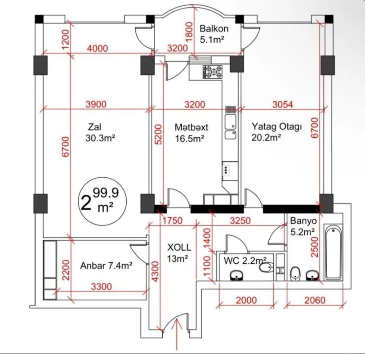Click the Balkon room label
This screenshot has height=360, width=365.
pyautogui.click(x=214, y=29)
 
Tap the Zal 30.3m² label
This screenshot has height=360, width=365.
pyautogui.click(x=100, y=132)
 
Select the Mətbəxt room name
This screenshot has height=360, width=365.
pyautogui.click(x=191, y=127)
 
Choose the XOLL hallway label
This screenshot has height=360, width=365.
pyautogui.click(x=179, y=247)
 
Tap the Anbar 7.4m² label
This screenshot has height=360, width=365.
pyautogui.click(x=106, y=265)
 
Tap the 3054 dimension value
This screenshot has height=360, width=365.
pyautogui.click(x=283, y=104)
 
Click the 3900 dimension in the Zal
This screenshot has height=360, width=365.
pyautogui.click(x=96, y=104)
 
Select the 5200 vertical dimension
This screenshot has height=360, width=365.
pyautogui.click(x=157, y=134)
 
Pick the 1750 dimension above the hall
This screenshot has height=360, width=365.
pyautogui.click(x=173, y=220)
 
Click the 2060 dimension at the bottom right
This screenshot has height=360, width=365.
pyautogui.click(x=315, y=300)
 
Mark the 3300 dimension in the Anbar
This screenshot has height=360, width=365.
pyautogui.click(x=102, y=286)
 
